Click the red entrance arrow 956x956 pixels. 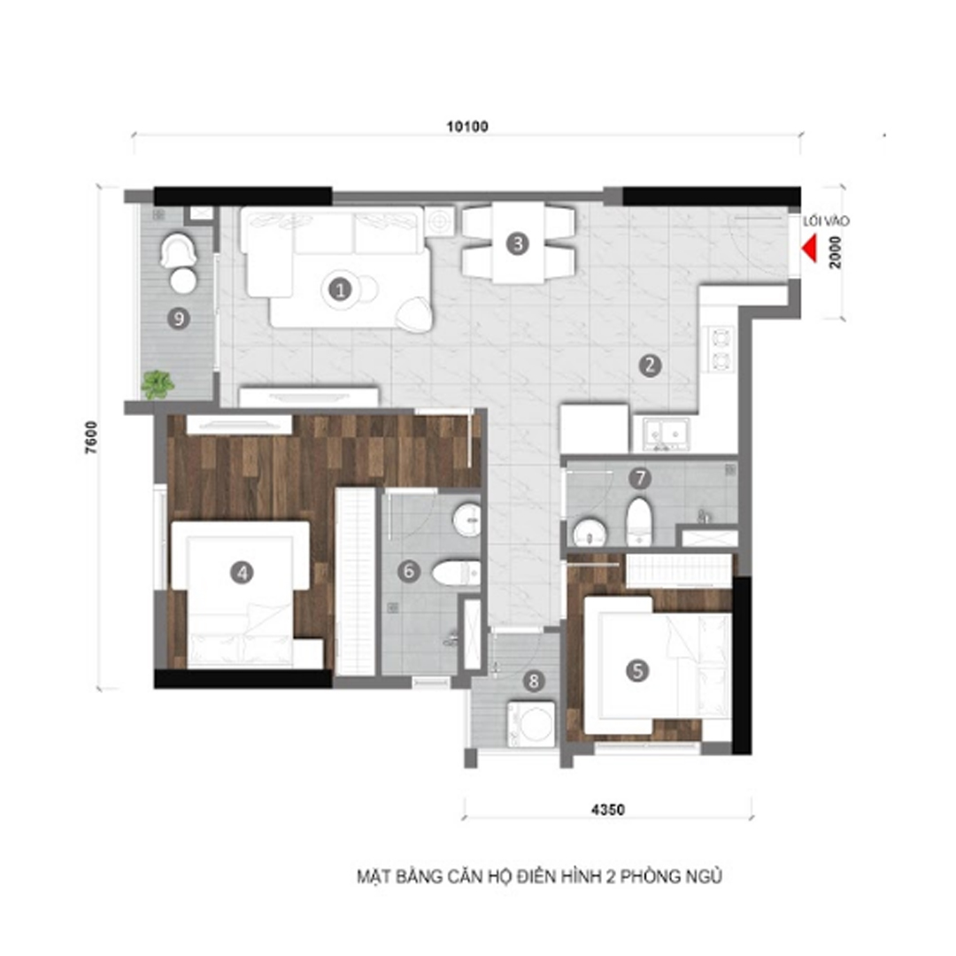810,250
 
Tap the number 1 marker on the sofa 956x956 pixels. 340,289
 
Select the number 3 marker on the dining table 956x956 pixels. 518,244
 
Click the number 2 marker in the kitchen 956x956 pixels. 650,366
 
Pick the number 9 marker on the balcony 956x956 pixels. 179,319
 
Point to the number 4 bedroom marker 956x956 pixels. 242,573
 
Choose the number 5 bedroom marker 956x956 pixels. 637,671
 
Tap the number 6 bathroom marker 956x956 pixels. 408,571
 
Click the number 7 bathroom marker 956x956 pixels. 640,478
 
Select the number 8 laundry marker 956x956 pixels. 534,681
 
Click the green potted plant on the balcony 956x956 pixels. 158,385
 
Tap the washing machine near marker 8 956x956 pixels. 532,723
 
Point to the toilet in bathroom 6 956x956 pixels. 456,573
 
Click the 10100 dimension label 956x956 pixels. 467,127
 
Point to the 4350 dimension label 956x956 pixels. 608,810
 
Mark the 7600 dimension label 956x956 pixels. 91,438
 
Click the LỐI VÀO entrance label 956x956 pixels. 826,221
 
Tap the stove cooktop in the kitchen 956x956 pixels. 721,350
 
